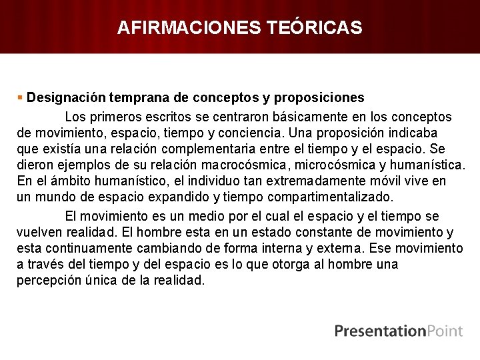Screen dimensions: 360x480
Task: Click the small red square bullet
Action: coord(20,97)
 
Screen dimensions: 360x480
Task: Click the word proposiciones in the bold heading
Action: coord(321,97)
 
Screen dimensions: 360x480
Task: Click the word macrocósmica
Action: coord(230,165)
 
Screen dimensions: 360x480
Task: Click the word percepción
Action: coord(52,281)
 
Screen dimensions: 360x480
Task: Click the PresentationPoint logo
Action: coord(399,331)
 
